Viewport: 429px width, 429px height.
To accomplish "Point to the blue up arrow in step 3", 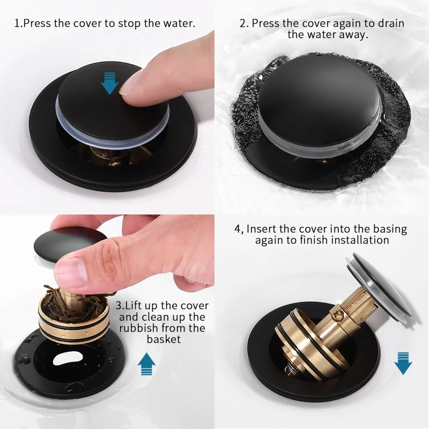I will tap(146, 364).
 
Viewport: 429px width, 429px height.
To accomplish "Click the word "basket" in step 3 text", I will tap(163, 339).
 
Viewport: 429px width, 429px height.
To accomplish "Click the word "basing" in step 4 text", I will tap(389, 229).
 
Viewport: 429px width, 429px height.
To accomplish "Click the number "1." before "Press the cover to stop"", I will tap(18, 24).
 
